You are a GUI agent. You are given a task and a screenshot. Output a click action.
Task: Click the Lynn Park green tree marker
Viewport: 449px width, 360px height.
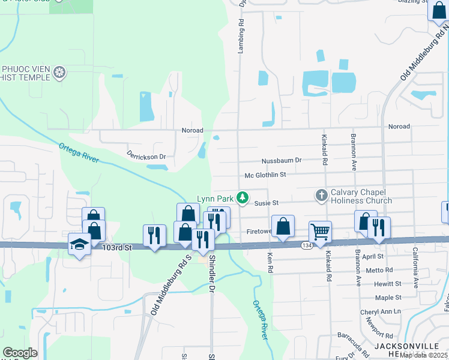(x=243, y=197)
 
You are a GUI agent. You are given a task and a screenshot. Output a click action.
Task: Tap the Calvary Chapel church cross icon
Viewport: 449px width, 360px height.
(x=321, y=195)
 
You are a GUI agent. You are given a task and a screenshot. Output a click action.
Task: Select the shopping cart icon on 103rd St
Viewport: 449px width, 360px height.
(x=321, y=232)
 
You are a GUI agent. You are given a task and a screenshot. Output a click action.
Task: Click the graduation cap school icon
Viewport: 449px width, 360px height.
(x=79, y=244)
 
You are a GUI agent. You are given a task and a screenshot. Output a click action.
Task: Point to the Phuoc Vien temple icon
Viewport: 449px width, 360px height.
(x=59, y=73)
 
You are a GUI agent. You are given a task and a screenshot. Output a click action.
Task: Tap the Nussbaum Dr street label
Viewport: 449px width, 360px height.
(x=281, y=161)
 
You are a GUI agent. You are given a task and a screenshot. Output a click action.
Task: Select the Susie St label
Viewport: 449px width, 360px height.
(x=267, y=203)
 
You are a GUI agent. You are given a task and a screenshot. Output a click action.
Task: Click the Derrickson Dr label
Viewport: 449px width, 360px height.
(x=146, y=156)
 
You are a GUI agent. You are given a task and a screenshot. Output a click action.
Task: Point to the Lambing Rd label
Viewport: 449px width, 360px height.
(x=241, y=37)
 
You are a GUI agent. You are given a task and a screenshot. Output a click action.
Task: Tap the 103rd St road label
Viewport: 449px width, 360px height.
(x=116, y=247)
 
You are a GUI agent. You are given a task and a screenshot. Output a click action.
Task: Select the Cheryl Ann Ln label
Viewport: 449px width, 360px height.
(x=380, y=312)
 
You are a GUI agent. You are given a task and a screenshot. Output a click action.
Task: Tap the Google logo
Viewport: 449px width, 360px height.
(x=20, y=353)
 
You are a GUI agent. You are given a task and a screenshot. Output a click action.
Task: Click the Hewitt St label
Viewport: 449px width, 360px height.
(x=388, y=283)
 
